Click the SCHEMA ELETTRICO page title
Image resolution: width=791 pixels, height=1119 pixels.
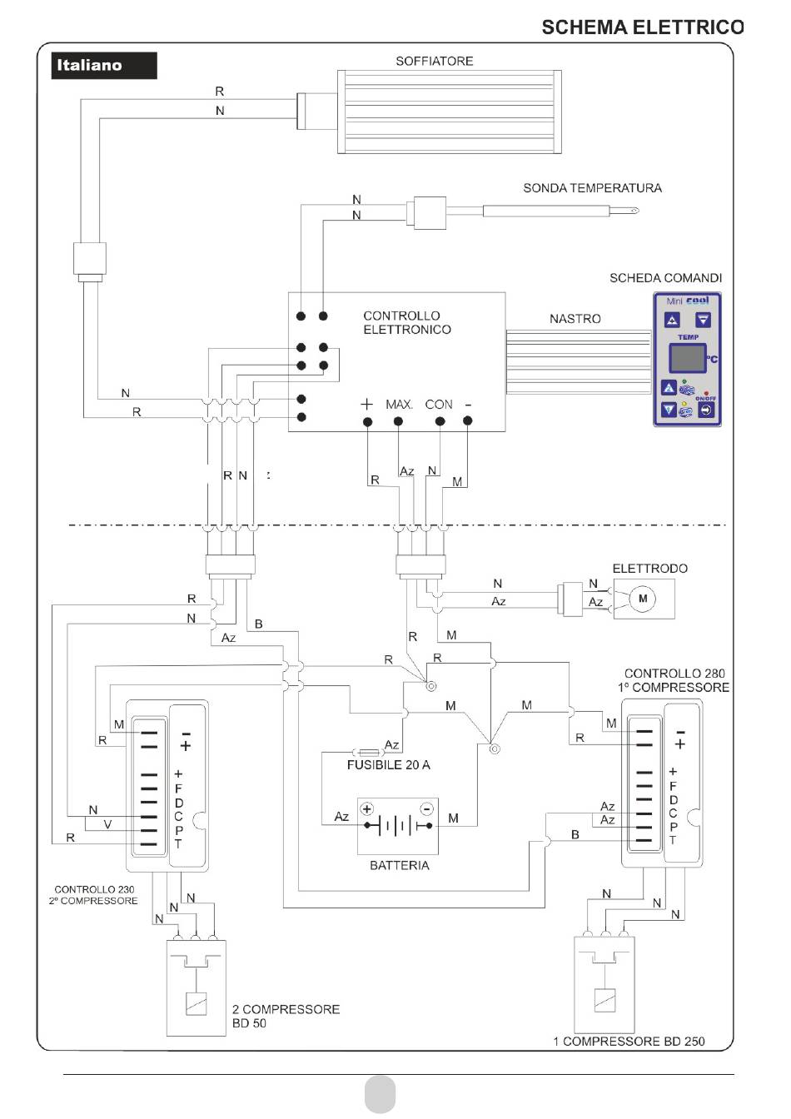coord(643,27)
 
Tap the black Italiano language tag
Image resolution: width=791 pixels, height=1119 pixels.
coord(104,66)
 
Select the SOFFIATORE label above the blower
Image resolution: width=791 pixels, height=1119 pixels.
coord(435,61)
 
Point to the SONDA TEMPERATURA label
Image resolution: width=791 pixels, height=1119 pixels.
coord(592,188)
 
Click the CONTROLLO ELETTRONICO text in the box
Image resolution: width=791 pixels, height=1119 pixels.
coord(407,322)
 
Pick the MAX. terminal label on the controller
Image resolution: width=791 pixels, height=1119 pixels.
coord(399,404)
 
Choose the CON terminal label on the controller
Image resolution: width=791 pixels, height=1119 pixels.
coord(438,404)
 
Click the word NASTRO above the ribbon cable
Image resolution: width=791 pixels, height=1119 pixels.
coord(575,319)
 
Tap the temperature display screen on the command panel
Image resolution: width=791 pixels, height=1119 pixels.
coord(688,358)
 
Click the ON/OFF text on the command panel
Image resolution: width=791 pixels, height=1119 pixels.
coord(705,398)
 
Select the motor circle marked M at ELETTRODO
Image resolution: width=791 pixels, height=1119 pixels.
coord(643,598)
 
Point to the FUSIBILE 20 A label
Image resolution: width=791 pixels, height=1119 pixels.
coord(388,765)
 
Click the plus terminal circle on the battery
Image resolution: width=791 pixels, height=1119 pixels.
coord(366,808)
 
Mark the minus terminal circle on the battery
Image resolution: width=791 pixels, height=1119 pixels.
coord(427,808)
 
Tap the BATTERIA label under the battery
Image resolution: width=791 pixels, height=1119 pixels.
coord(400,865)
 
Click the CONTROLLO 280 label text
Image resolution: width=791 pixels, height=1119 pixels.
coord(674,674)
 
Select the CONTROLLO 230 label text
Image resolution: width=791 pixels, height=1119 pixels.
coord(94,889)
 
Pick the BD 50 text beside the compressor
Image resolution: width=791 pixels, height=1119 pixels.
coord(249,1023)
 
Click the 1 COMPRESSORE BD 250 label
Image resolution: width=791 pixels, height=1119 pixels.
coord(629,1042)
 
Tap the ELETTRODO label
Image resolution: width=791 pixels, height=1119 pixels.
coord(649,569)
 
